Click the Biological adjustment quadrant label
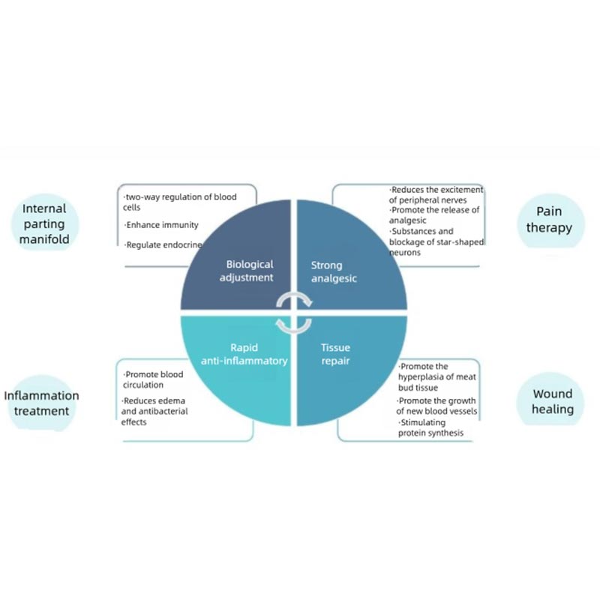(x=250, y=271)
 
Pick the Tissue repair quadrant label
(x=335, y=354)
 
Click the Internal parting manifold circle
(x=44, y=223)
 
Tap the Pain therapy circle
(x=549, y=220)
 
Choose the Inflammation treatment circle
(x=41, y=403)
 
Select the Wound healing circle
(x=553, y=401)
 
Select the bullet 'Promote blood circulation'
(x=153, y=379)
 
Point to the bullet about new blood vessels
(x=436, y=406)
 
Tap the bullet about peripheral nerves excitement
(x=436, y=194)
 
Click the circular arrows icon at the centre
(x=294, y=312)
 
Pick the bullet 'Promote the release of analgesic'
(x=433, y=215)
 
